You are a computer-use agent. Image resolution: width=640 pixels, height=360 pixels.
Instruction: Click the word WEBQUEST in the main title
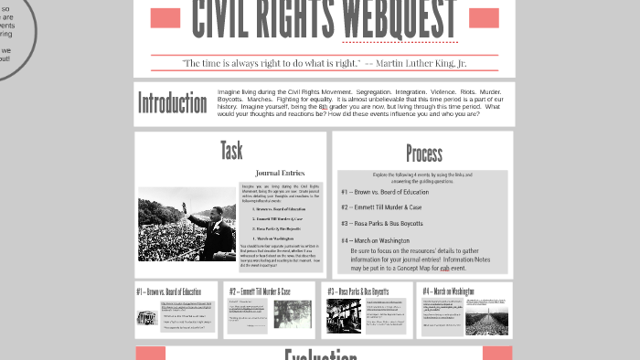(x=399, y=18)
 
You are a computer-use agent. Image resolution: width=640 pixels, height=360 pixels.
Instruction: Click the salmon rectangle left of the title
(x=165, y=17)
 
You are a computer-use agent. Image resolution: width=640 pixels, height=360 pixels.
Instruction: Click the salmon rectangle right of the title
(x=484, y=17)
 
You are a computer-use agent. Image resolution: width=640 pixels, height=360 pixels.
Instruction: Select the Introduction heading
(x=172, y=103)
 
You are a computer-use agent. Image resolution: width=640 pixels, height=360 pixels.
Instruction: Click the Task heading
(x=231, y=150)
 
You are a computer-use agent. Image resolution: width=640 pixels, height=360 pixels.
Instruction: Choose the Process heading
(x=423, y=154)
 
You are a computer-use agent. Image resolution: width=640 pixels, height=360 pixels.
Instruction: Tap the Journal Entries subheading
(x=280, y=173)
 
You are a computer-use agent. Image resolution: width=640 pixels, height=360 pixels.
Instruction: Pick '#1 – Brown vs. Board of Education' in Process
(x=384, y=192)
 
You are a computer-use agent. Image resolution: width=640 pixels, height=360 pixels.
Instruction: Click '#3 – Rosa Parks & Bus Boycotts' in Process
(x=382, y=223)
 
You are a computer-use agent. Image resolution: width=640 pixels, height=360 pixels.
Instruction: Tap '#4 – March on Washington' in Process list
(x=375, y=241)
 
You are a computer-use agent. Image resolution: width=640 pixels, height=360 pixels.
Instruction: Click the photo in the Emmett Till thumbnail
(x=293, y=314)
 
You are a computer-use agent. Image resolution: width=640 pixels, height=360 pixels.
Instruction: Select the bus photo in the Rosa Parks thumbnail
(x=345, y=316)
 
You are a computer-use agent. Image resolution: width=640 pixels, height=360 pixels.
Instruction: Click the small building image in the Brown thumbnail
(x=146, y=318)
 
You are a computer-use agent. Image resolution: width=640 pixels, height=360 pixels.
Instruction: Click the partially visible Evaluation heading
(x=320, y=355)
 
